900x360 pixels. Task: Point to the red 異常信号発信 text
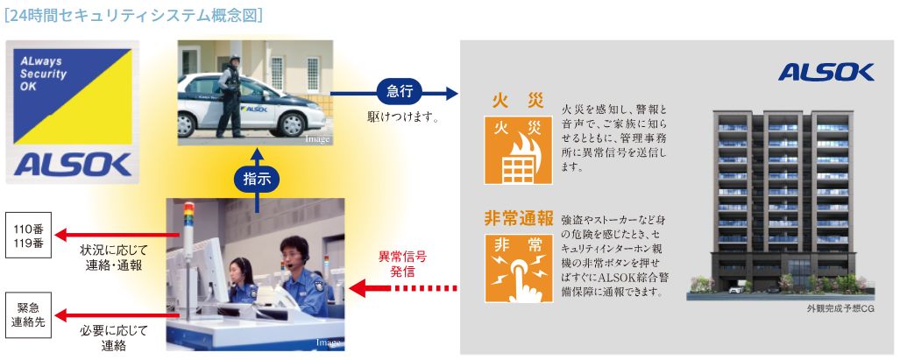tap(402, 263)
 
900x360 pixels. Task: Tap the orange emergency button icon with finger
tap(519, 267)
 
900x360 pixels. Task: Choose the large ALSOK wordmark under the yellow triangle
tap(72, 163)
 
